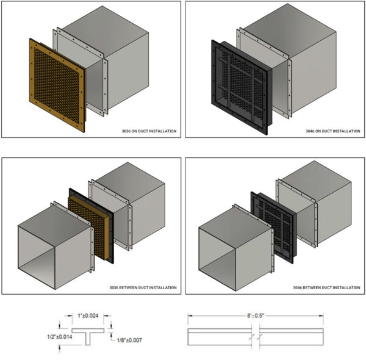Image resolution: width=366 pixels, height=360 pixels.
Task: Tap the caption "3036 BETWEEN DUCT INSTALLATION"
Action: (x=143, y=287)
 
